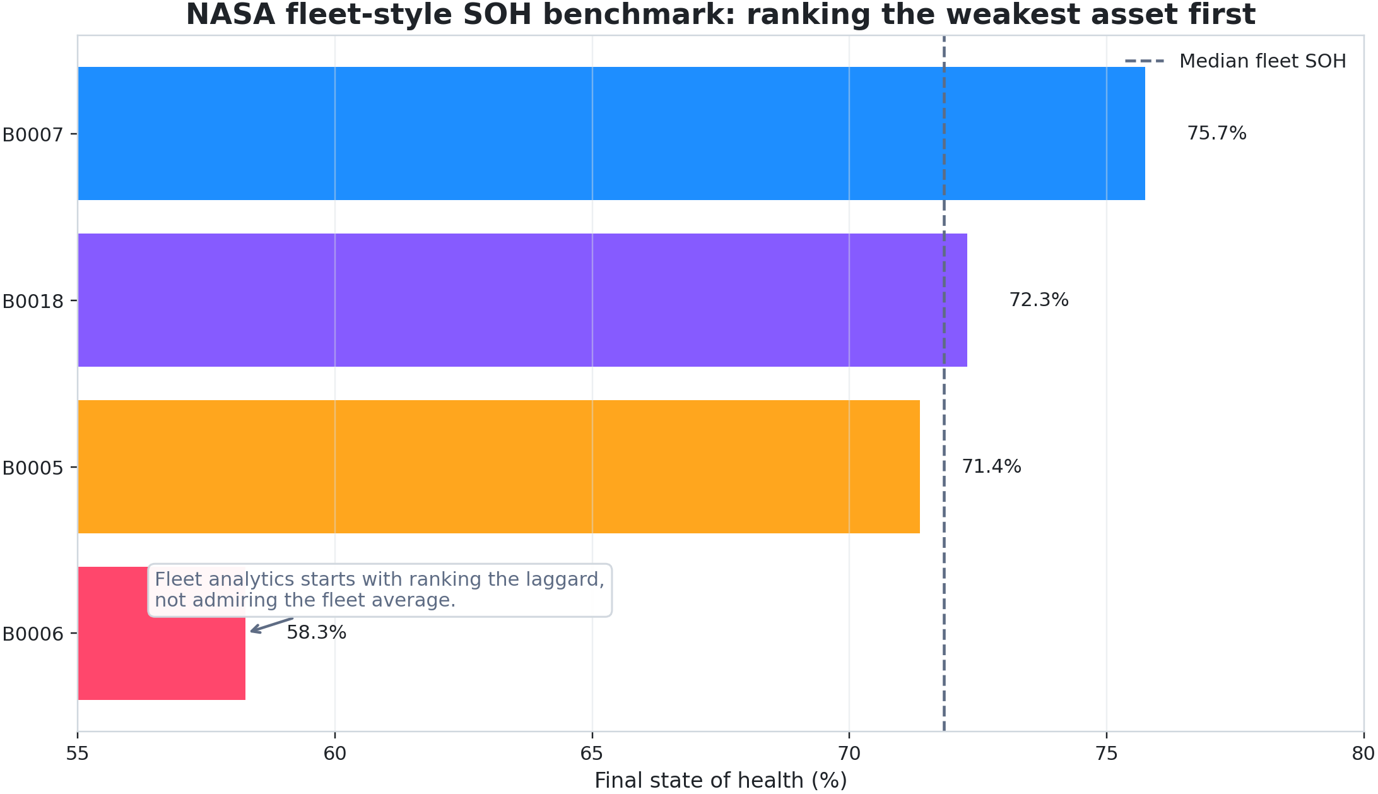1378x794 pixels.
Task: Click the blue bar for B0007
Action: click(x=611, y=133)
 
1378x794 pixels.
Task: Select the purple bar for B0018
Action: click(x=522, y=300)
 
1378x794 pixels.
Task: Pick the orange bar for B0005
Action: click(x=498, y=466)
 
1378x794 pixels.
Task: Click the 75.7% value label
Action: click(x=1216, y=133)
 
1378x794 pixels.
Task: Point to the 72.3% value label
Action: click(x=1039, y=300)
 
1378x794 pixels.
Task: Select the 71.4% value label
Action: click(x=991, y=466)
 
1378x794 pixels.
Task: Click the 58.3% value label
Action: click(x=316, y=632)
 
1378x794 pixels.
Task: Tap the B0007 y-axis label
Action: click(x=33, y=134)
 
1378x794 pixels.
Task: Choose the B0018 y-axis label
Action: click(x=33, y=301)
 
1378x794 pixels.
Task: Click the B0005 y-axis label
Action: click(x=33, y=468)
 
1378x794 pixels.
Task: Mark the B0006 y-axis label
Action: click(x=33, y=634)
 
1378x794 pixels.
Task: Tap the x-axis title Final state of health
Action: click(x=721, y=780)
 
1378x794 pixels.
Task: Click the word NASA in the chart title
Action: click(x=230, y=15)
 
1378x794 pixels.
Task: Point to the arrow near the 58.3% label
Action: click(x=271, y=625)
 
